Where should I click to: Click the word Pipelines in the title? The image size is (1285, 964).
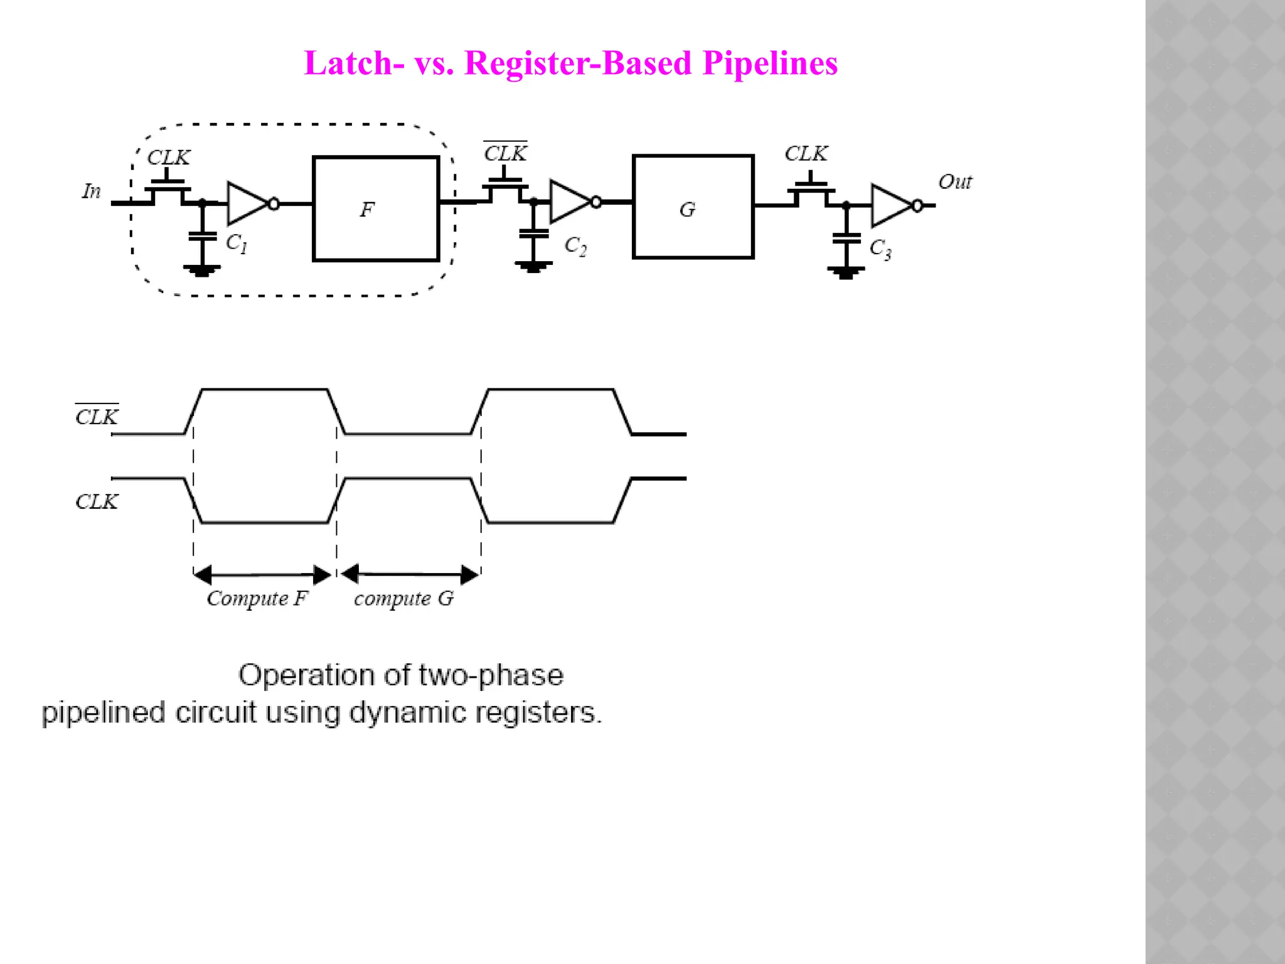(x=769, y=63)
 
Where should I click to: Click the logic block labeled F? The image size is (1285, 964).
(x=375, y=208)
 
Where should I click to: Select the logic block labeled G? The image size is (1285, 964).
(x=693, y=207)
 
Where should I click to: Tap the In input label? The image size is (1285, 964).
(x=92, y=191)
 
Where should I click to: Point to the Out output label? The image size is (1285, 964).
(x=954, y=182)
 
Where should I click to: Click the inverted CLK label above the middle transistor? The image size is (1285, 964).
(x=505, y=153)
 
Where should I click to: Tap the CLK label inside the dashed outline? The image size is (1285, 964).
(x=168, y=157)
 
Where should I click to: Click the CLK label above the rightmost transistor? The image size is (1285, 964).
(x=806, y=153)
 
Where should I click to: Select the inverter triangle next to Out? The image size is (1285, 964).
(x=890, y=205)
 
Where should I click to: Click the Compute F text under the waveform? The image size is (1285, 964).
(x=257, y=598)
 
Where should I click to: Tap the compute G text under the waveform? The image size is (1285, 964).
(x=403, y=598)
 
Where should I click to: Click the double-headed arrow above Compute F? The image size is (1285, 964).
(x=262, y=574)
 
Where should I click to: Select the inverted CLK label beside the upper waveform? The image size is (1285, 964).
(x=97, y=417)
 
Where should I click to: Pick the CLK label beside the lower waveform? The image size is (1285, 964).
(x=97, y=501)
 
